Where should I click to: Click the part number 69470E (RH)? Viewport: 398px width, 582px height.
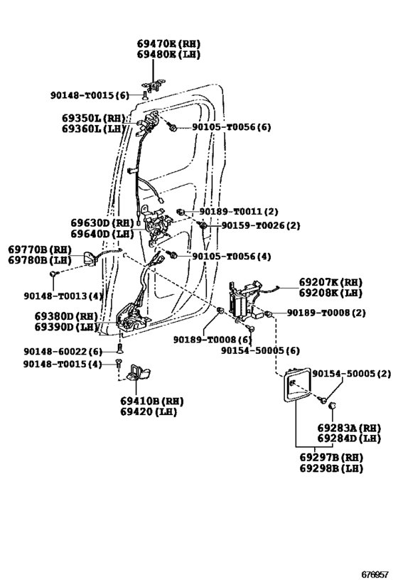168,43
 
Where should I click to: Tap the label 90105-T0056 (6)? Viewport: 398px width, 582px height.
231,127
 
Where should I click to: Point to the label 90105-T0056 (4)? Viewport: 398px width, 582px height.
230,257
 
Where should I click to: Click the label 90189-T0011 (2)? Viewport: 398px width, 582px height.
239,212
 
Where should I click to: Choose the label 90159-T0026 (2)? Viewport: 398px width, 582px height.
260,225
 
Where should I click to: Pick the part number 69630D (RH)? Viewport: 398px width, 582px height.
102,222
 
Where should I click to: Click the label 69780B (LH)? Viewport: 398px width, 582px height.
40,261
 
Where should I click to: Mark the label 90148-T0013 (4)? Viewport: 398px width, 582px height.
63,296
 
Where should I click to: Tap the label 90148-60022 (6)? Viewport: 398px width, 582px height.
63,351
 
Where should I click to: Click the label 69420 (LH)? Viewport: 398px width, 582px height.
148,411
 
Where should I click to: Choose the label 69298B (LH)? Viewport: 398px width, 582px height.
330,468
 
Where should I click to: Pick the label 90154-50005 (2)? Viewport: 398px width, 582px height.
351,374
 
